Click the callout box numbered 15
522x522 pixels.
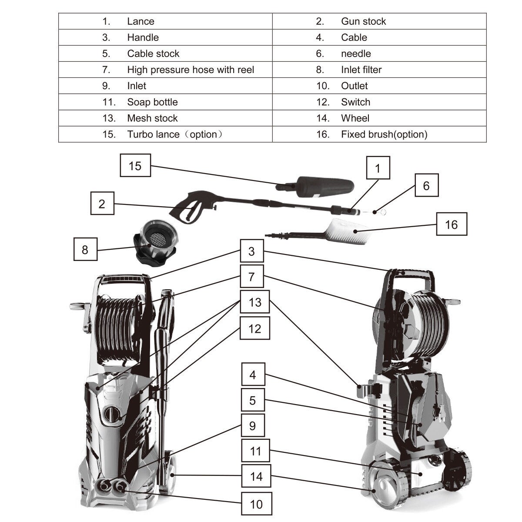(x=135, y=165)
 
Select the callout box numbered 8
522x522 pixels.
(x=84, y=249)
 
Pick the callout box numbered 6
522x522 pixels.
(x=426, y=185)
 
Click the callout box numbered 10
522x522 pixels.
(x=256, y=504)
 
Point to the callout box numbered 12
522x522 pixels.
(x=255, y=328)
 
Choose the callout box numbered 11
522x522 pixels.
(x=256, y=451)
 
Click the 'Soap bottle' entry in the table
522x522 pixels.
(x=152, y=102)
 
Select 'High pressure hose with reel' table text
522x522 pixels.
(x=191, y=70)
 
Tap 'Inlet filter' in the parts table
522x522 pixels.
(x=361, y=70)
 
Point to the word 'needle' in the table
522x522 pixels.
(x=356, y=54)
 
